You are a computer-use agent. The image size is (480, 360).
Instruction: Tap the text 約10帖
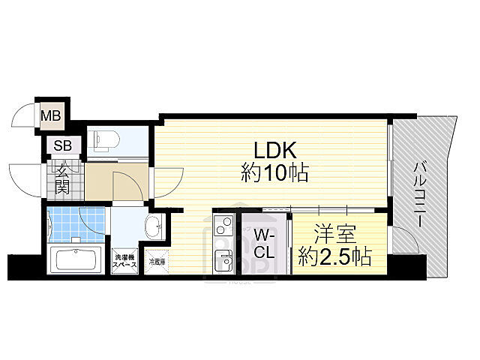point(274,175)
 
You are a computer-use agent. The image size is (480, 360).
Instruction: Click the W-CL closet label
point(263,242)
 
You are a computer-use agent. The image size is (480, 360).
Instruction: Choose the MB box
point(51,116)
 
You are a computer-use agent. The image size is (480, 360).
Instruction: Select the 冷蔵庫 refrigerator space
point(156,262)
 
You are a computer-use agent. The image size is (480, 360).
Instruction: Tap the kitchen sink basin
point(224,260)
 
